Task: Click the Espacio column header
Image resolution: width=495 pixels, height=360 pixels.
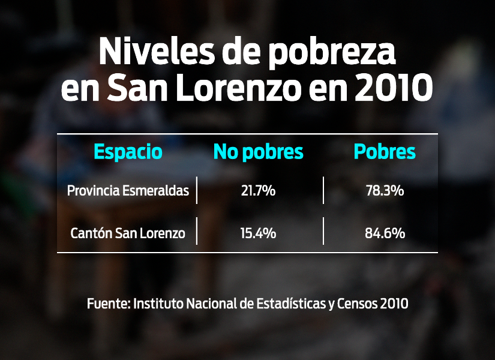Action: pyautogui.click(x=128, y=152)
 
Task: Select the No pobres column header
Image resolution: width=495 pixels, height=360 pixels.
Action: pyautogui.click(x=259, y=152)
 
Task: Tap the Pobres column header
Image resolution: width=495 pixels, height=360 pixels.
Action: pyautogui.click(x=385, y=152)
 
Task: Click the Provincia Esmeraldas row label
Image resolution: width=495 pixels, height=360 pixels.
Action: pyautogui.click(x=128, y=191)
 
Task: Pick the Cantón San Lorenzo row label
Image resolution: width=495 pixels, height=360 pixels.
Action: pyautogui.click(x=128, y=233)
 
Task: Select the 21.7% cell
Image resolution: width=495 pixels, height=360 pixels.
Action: pyautogui.click(x=259, y=191)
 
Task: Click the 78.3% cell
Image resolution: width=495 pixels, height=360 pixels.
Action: pyautogui.click(x=385, y=191)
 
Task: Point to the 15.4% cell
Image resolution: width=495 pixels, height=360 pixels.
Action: pyautogui.click(x=259, y=233)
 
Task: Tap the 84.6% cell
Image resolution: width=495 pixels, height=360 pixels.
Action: pyautogui.click(x=385, y=233)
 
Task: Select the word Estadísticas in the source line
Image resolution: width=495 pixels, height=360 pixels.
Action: pyautogui.click(x=289, y=303)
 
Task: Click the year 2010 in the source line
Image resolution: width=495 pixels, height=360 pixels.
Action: pyautogui.click(x=394, y=303)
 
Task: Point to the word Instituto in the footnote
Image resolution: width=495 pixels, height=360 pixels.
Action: pyautogui.click(x=158, y=303)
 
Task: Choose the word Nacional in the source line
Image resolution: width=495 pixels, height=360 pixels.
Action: pyautogui.click(x=211, y=303)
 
